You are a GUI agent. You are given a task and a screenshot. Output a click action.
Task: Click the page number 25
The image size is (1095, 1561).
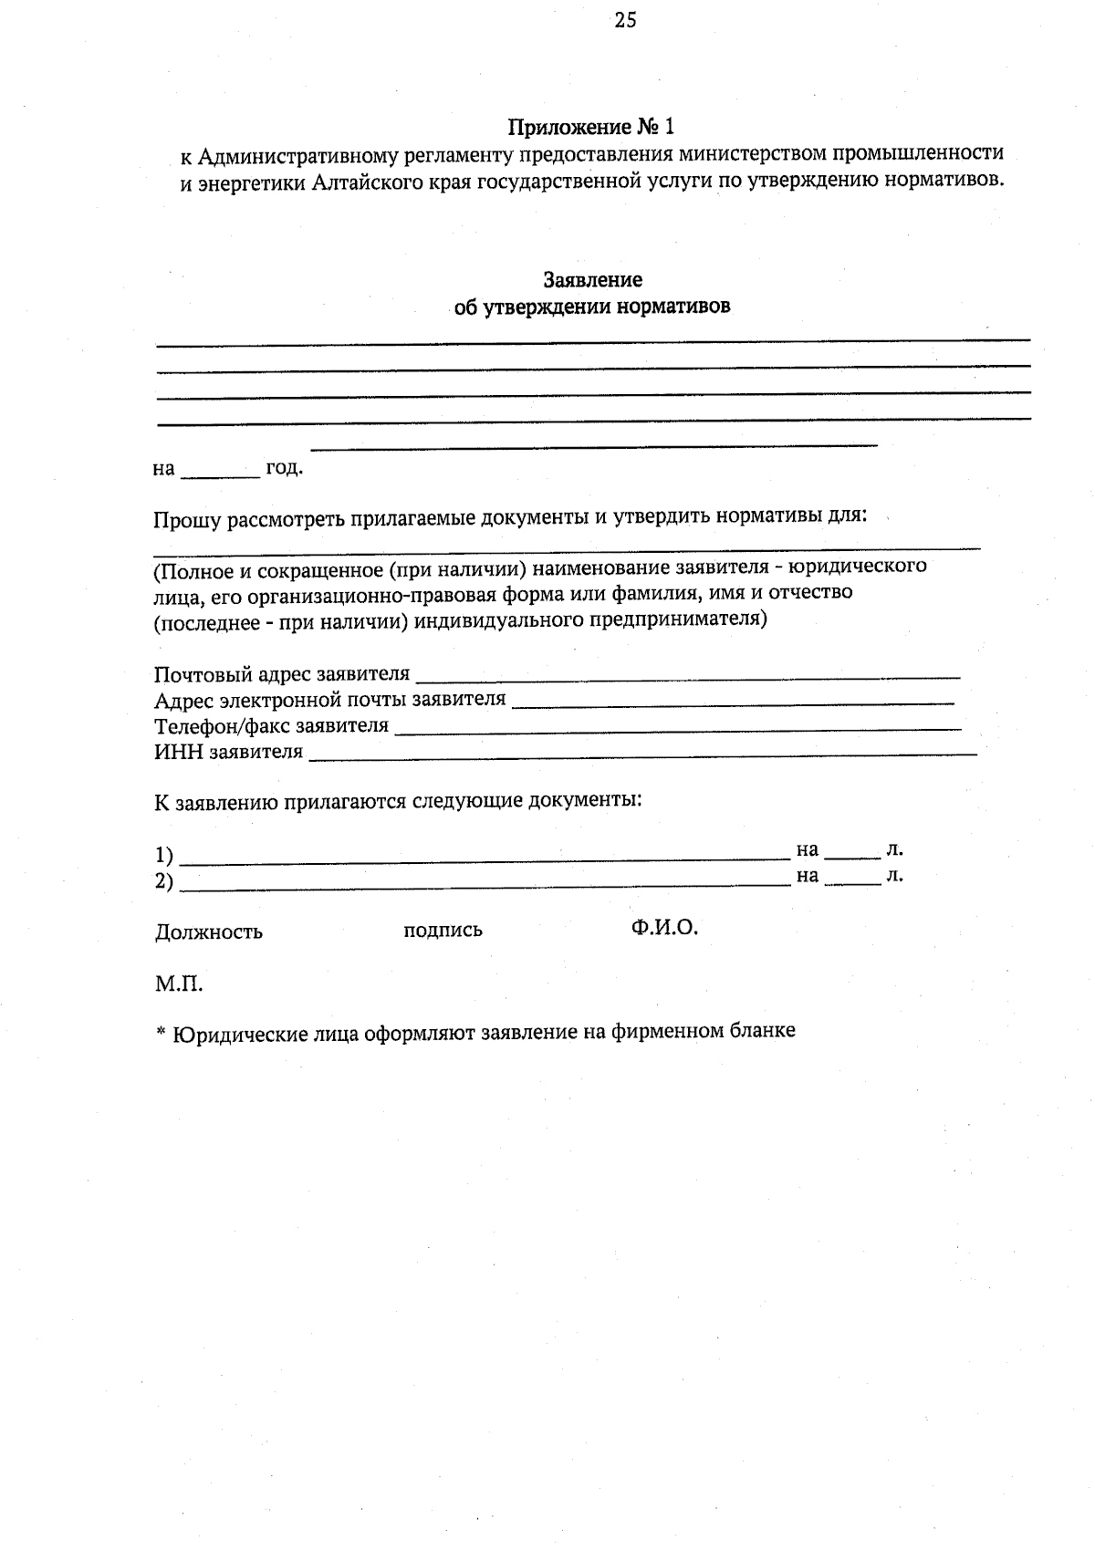[x=625, y=20]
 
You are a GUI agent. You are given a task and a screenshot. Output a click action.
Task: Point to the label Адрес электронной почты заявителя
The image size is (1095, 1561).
[x=329, y=700]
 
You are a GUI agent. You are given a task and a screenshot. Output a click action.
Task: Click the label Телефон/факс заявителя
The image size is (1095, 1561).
[x=271, y=726]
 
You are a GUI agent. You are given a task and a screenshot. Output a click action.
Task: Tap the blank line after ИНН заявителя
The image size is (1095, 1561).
[x=642, y=753]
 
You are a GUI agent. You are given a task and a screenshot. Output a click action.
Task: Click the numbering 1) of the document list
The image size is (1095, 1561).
[x=164, y=855]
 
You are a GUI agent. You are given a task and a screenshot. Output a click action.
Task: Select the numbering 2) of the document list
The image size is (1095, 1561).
[x=164, y=881]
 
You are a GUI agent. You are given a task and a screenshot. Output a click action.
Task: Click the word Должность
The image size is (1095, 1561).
[x=209, y=931]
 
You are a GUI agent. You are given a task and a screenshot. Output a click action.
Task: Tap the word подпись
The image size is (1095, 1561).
[x=443, y=931]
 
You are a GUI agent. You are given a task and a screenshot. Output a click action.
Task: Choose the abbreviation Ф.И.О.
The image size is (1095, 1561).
[x=663, y=928]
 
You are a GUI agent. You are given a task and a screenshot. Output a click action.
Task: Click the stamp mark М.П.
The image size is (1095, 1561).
[x=178, y=984]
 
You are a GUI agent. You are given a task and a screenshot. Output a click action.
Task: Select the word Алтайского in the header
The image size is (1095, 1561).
[x=364, y=182]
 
